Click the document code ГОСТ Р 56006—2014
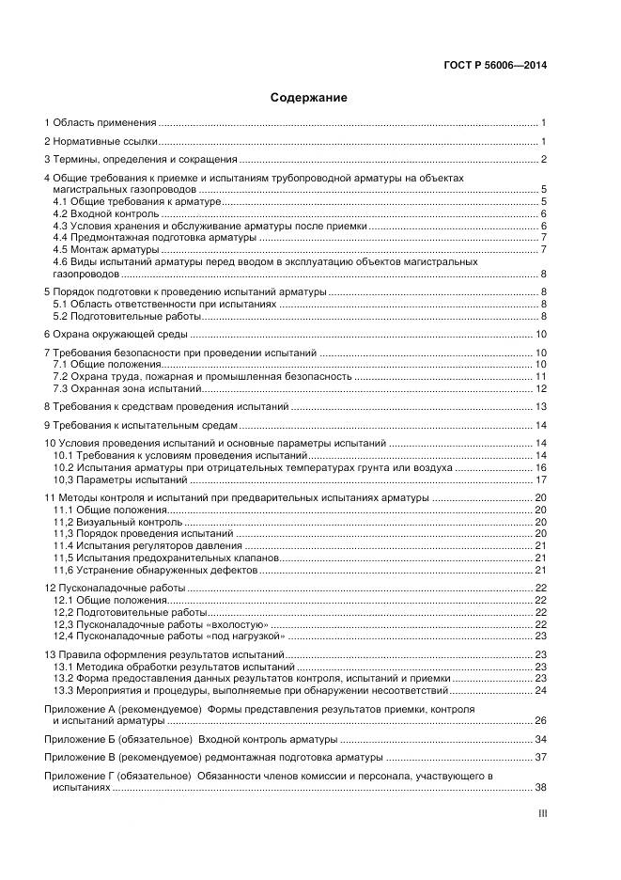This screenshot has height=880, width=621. click(x=495, y=66)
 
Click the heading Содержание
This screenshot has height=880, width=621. click(x=309, y=98)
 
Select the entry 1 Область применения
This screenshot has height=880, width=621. click(x=101, y=123)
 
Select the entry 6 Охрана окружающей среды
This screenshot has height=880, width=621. click(x=116, y=334)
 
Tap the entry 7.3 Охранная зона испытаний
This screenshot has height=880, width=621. click(x=128, y=388)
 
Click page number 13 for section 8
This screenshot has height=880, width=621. click(x=540, y=407)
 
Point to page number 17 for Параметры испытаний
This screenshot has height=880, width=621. click(x=540, y=479)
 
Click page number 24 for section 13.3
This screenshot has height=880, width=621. click(x=540, y=691)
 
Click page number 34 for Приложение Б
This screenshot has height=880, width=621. click(x=540, y=740)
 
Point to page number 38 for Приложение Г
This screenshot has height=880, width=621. click(x=540, y=788)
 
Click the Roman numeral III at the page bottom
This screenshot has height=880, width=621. click(x=541, y=818)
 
